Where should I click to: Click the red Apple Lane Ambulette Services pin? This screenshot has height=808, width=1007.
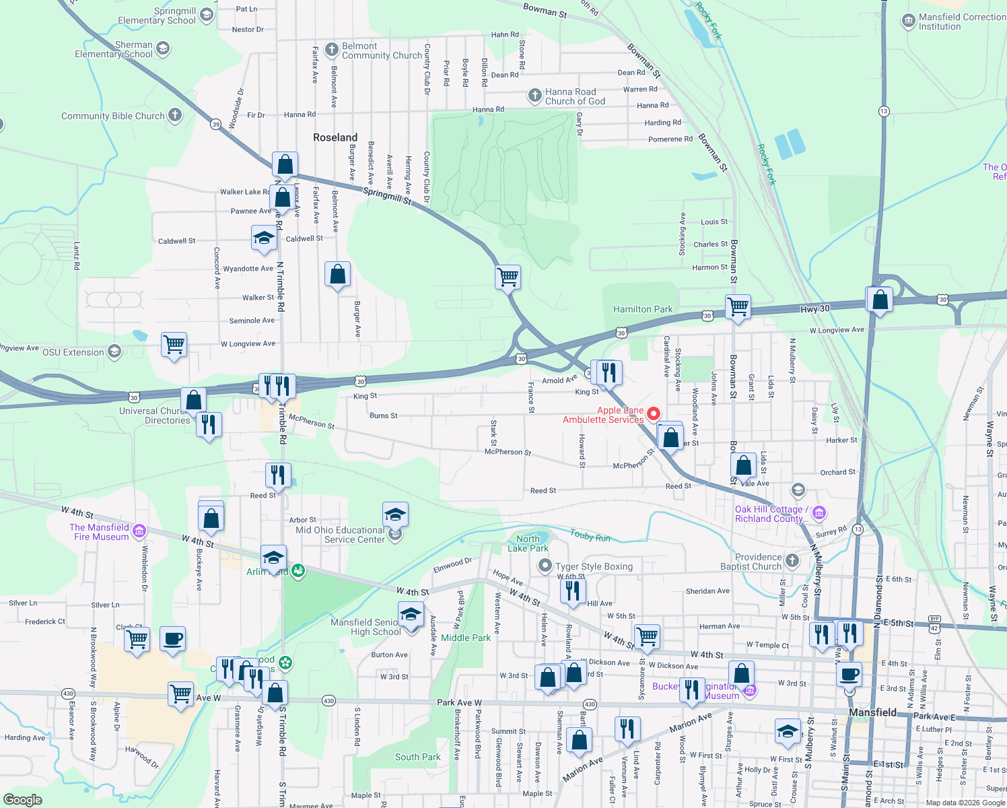coord(653,413)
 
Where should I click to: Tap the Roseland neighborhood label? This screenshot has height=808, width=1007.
coord(335,137)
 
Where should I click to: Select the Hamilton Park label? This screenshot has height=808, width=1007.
coord(642,309)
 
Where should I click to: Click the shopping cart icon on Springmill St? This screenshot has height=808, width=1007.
coord(508,277)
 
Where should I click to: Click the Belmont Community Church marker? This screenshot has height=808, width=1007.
coord(331,50)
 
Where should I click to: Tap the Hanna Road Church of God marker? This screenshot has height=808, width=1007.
coord(534,96)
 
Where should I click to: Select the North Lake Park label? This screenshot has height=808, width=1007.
coord(528,543)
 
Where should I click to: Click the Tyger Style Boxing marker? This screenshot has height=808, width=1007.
coord(545,566)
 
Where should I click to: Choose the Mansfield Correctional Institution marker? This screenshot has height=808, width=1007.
coord(909,21)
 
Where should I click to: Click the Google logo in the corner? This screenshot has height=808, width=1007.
coord(22,799)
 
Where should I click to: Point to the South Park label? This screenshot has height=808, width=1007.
coord(417,757)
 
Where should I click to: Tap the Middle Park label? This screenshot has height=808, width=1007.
coord(466,638)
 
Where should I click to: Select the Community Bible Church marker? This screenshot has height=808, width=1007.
coord(175,115)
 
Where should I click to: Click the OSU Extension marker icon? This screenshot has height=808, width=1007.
coord(114,351)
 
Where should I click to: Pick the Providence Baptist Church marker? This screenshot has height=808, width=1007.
coord(792,561)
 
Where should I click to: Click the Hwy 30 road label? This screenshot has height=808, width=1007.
coord(814,309)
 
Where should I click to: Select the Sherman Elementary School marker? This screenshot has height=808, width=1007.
coord(162,48)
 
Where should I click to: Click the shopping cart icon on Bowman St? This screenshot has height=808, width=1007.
coord(738,307)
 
